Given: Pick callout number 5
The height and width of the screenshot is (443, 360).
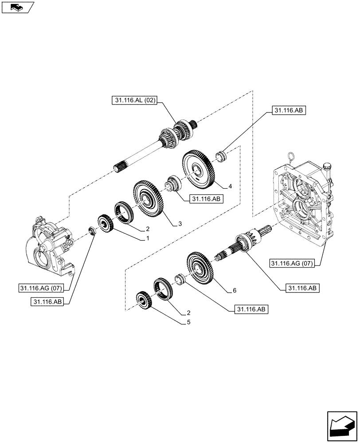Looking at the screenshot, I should pos(188,322).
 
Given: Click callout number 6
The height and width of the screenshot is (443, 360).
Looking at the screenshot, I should pos(234,291).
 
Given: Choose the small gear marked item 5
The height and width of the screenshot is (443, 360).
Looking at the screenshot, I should pos(144,301).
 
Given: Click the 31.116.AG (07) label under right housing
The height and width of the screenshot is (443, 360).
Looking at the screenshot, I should pos(291,264).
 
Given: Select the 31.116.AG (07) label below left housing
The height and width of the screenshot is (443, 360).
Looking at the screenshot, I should pos(42,288).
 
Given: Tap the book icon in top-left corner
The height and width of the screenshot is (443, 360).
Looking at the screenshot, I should pos(17,7).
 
